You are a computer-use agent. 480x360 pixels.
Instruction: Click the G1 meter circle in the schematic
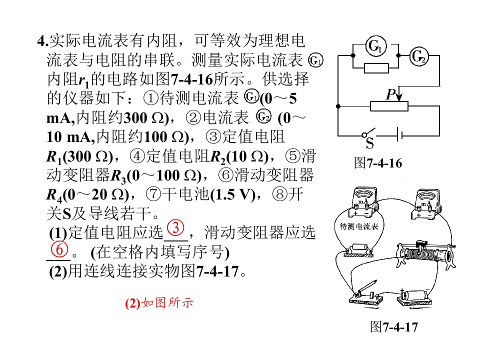tap(376, 46)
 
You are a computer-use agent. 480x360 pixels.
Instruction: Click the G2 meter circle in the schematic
tap(419, 56)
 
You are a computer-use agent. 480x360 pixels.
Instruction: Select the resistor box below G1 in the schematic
tap(376, 68)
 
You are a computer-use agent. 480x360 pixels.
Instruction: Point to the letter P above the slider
tap(391, 94)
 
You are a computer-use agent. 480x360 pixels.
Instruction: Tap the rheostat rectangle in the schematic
tap(389, 106)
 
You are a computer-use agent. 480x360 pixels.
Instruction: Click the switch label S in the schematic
tap(370, 143)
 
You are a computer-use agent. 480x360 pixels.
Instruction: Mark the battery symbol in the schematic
tap(399, 134)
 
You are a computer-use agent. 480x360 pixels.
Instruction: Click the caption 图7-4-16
tap(378, 163)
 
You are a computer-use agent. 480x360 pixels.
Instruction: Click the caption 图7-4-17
tap(394, 326)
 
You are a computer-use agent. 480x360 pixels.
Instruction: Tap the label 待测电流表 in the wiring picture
tap(359, 226)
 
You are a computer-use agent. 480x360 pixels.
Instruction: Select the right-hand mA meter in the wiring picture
tap(425, 204)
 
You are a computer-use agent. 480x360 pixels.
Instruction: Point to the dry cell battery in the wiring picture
tap(415, 296)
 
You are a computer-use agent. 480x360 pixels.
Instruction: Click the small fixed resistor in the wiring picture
tap(358, 250)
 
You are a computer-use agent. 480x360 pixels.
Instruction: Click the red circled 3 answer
tap(175, 228)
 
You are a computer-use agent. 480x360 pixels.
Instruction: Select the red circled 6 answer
tap(59, 249)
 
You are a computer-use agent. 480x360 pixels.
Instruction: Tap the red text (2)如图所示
tap(159, 303)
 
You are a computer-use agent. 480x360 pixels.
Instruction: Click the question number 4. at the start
tap(43, 40)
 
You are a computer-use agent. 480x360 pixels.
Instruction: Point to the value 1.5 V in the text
tap(233, 194)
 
